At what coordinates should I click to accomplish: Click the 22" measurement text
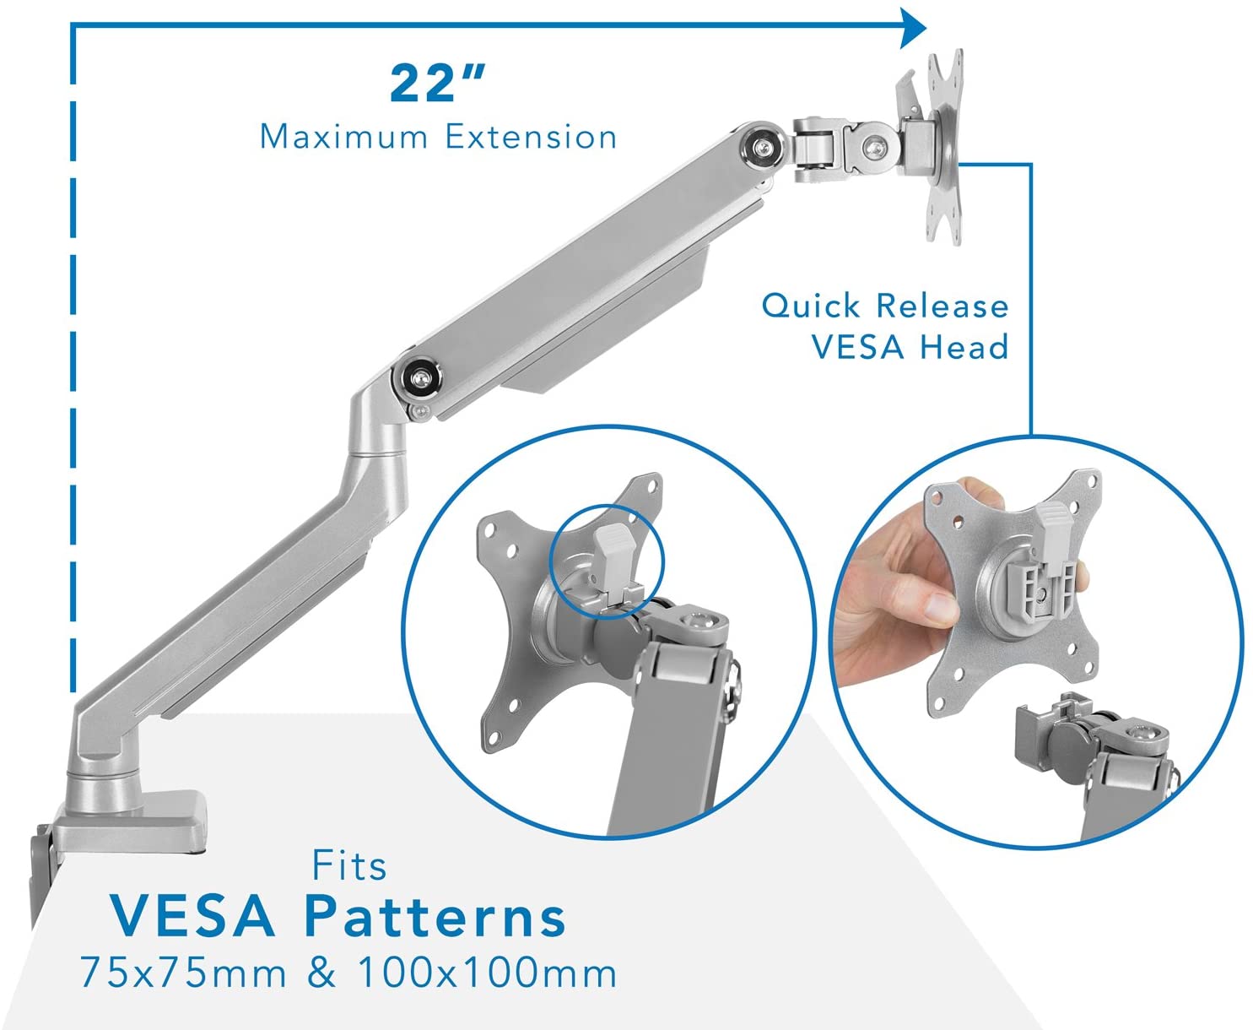pos(438,83)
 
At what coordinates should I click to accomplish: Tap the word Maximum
pos(344,137)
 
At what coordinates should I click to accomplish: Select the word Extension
pos(531,137)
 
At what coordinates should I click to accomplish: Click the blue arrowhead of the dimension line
pos(913,27)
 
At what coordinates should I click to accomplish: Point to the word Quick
pos(810,306)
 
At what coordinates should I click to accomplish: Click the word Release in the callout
pos(942,306)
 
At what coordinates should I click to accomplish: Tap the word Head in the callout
pos(964,347)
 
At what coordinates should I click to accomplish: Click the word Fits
pos(349,866)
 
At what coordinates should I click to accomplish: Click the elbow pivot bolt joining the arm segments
pos(417,377)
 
